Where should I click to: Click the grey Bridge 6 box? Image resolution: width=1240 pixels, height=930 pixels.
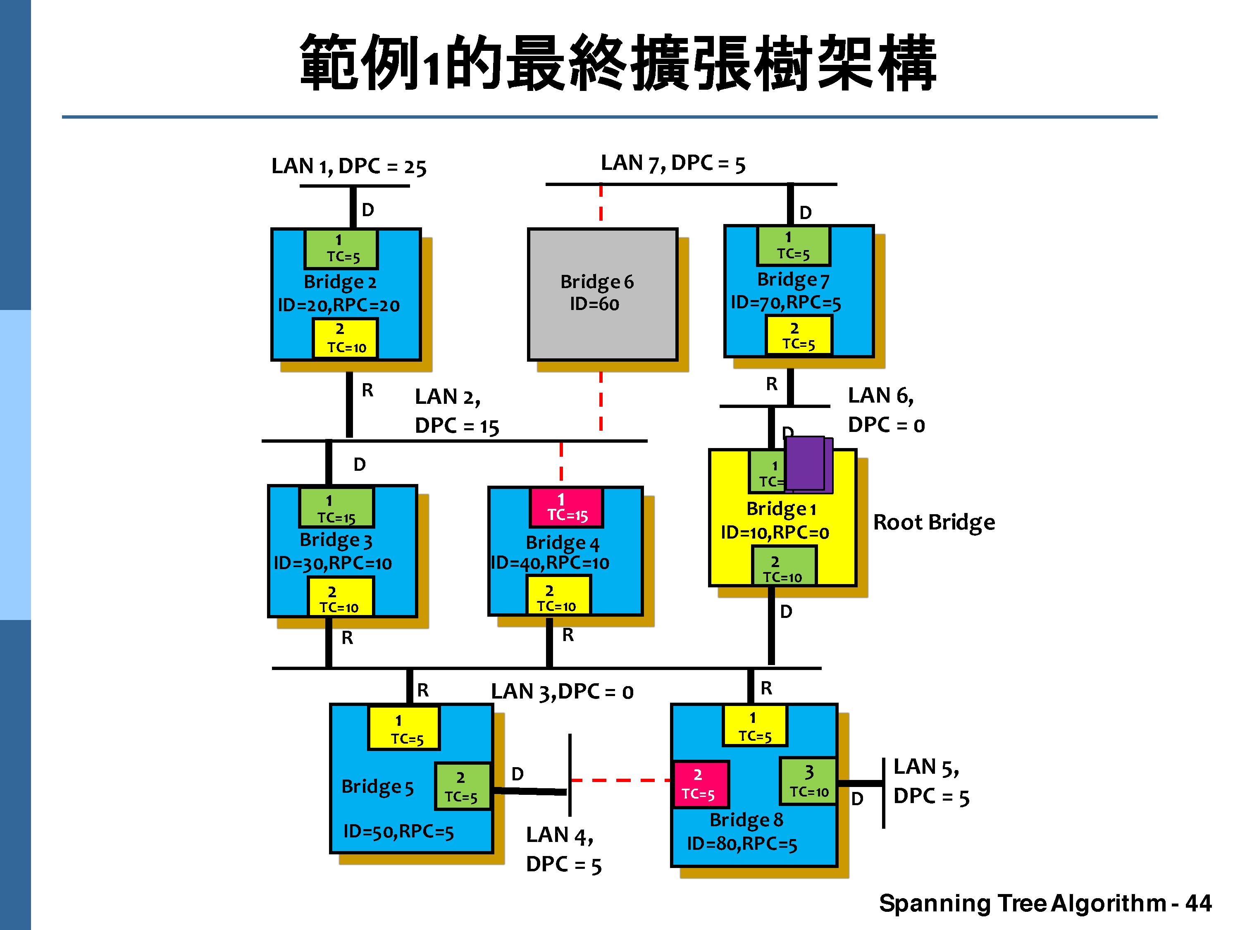point(603,294)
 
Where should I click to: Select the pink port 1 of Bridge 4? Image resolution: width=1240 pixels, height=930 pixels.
point(567,507)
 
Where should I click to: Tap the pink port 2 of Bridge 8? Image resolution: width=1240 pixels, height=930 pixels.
point(700,784)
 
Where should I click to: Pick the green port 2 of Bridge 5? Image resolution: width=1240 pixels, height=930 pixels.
point(463,787)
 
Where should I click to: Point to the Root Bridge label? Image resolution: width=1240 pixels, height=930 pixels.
point(934,522)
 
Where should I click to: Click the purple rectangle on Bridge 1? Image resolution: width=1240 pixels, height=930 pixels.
point(806,464)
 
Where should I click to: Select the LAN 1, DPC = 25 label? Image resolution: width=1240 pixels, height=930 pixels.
point(349,167)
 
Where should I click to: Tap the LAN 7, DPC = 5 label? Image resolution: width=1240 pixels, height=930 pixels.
point(672,163)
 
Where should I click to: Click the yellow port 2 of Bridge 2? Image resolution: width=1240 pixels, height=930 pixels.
point(345,338)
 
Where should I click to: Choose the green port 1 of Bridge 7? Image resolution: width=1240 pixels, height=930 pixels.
point(793,246)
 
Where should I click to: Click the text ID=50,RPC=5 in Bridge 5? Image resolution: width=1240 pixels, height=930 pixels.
point(398,831)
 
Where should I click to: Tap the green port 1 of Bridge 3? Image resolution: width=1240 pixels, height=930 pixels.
point(336,508)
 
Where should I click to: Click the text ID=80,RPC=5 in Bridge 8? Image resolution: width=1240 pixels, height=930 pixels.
point(742,844)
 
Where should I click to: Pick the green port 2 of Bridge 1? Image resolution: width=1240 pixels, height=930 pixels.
point(784,567)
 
